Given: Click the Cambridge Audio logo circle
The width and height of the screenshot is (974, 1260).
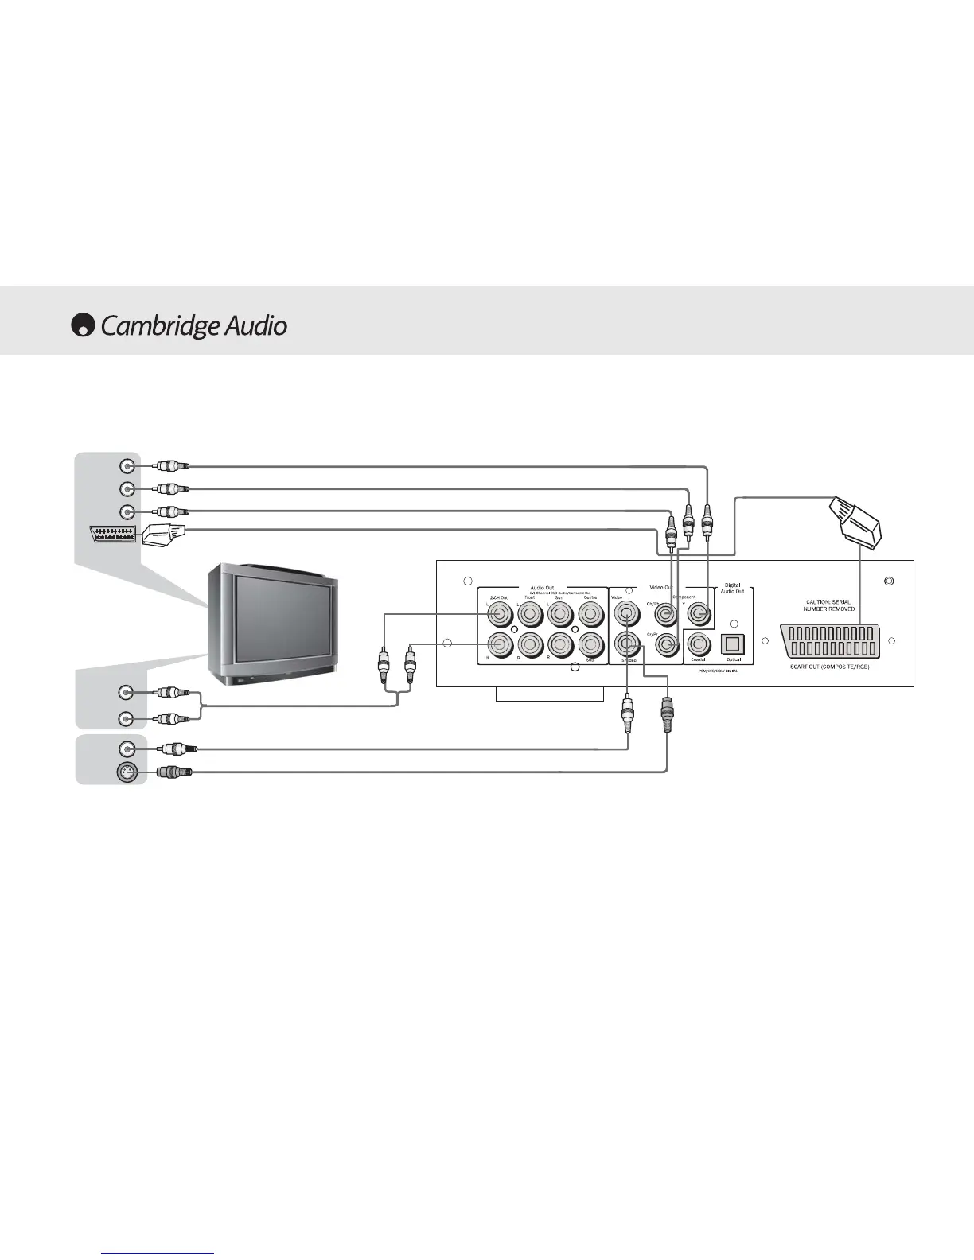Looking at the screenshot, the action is pos(83,326).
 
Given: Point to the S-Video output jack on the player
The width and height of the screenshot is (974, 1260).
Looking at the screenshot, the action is pos(627,644).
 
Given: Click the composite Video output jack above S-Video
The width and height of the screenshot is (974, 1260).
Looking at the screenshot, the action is pos(627,613).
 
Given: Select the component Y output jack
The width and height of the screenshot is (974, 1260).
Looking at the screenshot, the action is pos(699,613).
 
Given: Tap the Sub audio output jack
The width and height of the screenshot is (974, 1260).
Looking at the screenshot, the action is pos(590,644).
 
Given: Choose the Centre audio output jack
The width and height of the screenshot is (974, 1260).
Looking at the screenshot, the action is pos(590,613).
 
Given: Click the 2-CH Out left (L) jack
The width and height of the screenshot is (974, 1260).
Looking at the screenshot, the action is pos(501,613).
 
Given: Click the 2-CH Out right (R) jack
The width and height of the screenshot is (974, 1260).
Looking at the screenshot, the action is pos(501,644).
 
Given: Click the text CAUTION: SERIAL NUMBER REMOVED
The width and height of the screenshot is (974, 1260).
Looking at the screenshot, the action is pos(828,605).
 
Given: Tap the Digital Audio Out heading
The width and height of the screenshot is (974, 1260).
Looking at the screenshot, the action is pos(732,588).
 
